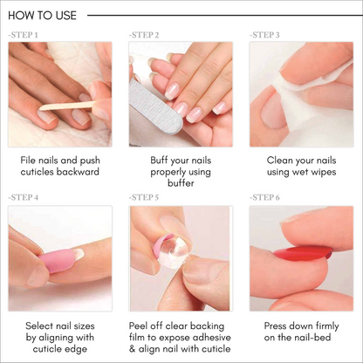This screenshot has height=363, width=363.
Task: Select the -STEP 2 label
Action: pos(144,35)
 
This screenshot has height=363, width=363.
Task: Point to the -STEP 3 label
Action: pos(264,35)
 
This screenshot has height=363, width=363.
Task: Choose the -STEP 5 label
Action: pos(144,198)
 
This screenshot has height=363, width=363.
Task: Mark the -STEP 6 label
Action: pos(264,198)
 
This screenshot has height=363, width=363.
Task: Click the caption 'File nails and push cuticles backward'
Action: pos(60,168)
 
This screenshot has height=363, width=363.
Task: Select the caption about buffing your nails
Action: pos(181,174)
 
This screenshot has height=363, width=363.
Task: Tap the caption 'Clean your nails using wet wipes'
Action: pos(301,168)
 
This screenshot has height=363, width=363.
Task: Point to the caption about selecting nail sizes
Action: pos(60,337)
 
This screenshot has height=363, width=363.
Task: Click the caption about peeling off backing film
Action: pos(181,337)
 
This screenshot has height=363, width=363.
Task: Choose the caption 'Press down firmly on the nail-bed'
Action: pos(301,331)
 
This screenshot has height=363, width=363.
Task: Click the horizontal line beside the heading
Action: pos(218,15)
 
